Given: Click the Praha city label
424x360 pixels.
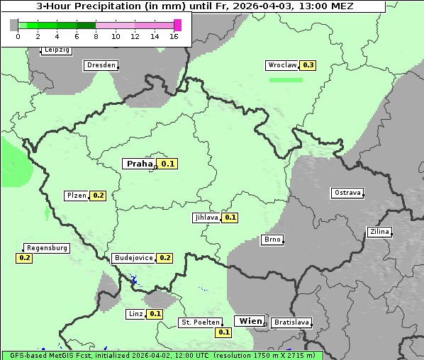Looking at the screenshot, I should (x=139, y=164).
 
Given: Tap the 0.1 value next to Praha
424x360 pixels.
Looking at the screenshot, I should (x=168, y=164).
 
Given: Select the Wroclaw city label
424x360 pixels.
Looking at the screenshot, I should (x=281, y=65).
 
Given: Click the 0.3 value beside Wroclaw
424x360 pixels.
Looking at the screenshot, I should (x=308, y=65).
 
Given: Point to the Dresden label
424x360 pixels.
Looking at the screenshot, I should (x=101, y=65).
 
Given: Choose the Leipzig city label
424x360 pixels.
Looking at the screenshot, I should (x=56, y=50).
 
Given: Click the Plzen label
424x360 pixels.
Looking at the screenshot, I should (x=76, y=196).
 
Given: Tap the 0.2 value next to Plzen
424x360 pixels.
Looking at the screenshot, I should (x=98, y=196).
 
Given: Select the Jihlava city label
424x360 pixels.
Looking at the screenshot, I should (x=206, y=218).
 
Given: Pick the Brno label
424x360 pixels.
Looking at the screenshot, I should (x=272, y=240).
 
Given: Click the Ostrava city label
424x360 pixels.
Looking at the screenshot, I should (x=347, y=193).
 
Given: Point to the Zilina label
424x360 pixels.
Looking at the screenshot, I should (x=379, y=232).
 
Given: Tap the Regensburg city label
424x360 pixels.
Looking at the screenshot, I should (x=47, y=248).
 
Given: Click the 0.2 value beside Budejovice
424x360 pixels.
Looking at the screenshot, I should (x=164, y=258).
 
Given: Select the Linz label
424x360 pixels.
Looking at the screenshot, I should (x=135, y=314).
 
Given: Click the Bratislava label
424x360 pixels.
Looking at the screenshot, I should (x=291, y=322).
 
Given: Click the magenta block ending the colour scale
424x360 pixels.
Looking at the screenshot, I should (x=177, y=25).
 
